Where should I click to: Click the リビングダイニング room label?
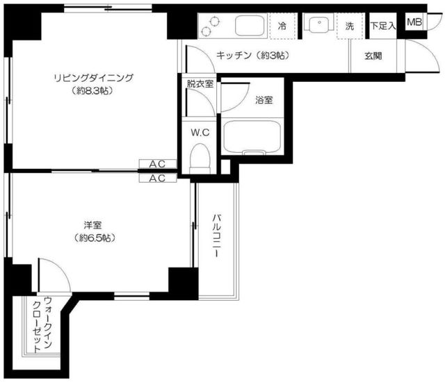[x=93, y=77]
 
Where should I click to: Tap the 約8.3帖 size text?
[x=93, y=90]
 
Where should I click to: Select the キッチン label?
[x=252, y=54]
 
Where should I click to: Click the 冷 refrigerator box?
[x=282, y=26]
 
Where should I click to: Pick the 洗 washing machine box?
[x=350, y=26]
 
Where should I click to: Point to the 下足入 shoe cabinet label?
[x=382, y=26]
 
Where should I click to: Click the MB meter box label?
[x=414, y=22]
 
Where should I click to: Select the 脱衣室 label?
[x=200, y=84]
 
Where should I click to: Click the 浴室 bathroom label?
[x=264, y=100]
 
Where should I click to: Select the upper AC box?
[x=157, y=164]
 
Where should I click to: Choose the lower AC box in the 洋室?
[x=157, y=178]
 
